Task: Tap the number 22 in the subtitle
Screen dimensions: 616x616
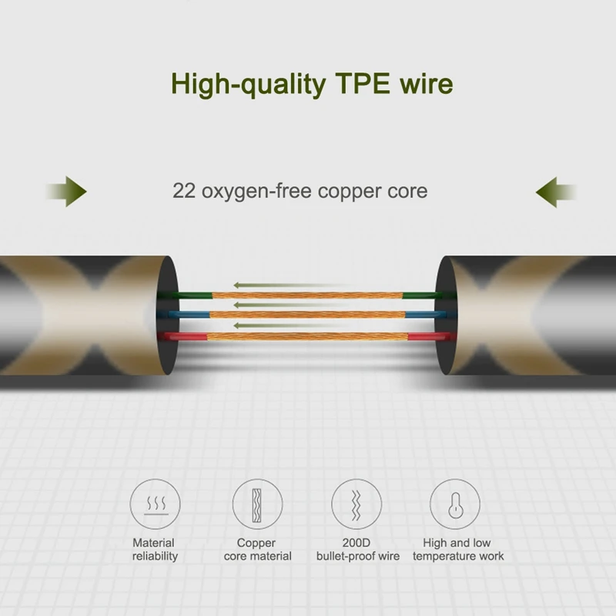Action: [x=184, y=190]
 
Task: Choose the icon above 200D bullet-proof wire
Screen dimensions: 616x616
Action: [x=357, y=505]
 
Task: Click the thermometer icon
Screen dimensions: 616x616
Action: [x=455, y=505]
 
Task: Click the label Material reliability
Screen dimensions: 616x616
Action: [x=154, y=549]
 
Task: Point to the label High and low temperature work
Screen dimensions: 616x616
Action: [x=457, y=549]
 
